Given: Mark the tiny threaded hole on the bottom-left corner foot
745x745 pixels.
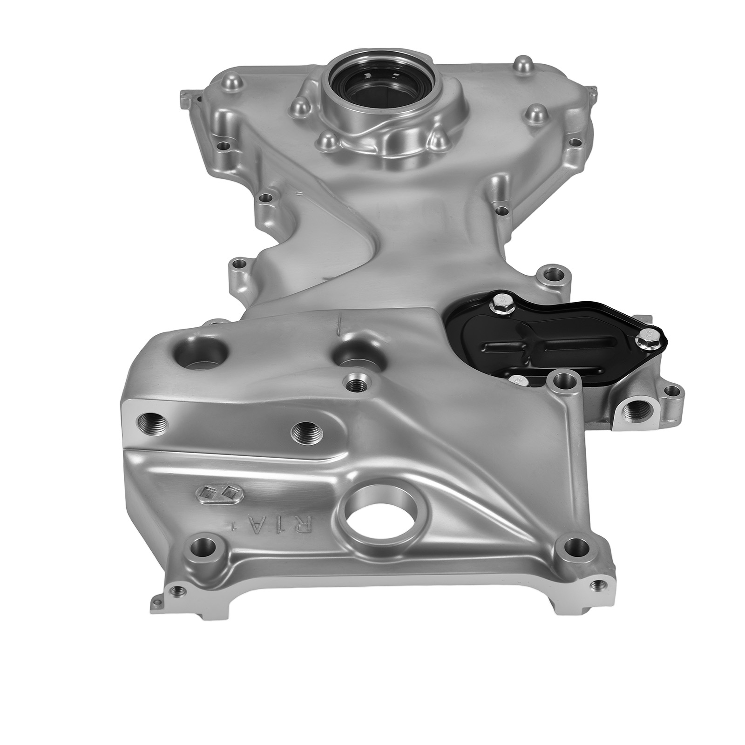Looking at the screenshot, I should tap(177, 591).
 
